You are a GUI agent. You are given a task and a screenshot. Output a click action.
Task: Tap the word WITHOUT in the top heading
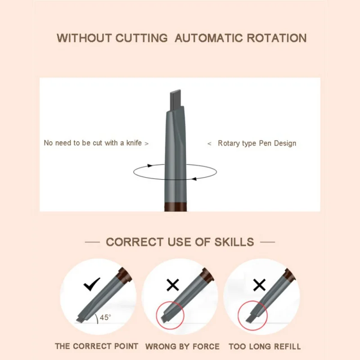click(x=84, y=38)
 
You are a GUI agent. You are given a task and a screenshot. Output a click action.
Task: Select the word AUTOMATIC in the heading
click(x=202, y=38)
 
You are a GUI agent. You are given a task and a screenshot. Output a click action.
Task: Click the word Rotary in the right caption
click(x=229, y=143)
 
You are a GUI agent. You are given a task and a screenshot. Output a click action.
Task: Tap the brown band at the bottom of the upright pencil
click(x=175, y=207)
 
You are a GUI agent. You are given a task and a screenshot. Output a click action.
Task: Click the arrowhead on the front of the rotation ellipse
click(x=194, y=179)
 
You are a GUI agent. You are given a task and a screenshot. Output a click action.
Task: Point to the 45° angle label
click(x=105, y=318)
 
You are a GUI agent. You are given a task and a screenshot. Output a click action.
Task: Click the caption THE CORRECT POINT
click(x=96, y=346)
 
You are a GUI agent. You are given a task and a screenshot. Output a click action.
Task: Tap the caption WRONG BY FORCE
click(x=182, y=346)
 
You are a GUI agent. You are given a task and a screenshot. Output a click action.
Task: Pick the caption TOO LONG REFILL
click(x=265, y=346)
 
